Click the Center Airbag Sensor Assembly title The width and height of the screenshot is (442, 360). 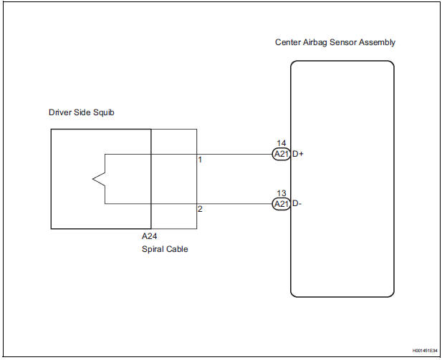tap(335, 42)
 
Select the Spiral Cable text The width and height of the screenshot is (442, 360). tap(164, 250)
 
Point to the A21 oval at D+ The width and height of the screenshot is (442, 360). tap(281, 154)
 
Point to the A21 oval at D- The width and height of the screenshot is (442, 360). tap(281, 204)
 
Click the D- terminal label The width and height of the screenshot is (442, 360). tap(297, 204)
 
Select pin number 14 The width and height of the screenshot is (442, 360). tap(281, 144)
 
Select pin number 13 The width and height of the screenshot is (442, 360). tap(281, 194)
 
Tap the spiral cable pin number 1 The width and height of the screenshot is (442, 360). tap(200, 160)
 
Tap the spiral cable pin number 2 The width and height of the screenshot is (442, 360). tap(200, 209)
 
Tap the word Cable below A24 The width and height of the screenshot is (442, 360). tap(176, 250)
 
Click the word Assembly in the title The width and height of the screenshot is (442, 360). tap(381, 42)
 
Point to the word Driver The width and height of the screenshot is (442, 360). tap(60, 112)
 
